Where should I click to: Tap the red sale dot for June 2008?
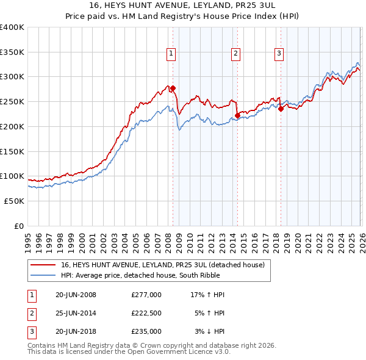tap(173, 88)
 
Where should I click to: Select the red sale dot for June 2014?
tap(237, 115)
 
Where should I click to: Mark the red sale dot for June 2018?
tap(281, 109)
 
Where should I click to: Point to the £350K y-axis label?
tap(12, 52)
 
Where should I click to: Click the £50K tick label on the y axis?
tap(14, 201)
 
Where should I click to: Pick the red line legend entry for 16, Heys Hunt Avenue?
tap(162, 265)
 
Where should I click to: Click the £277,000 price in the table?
tap(146, 295)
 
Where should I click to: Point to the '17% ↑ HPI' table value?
tap(208, 295)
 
